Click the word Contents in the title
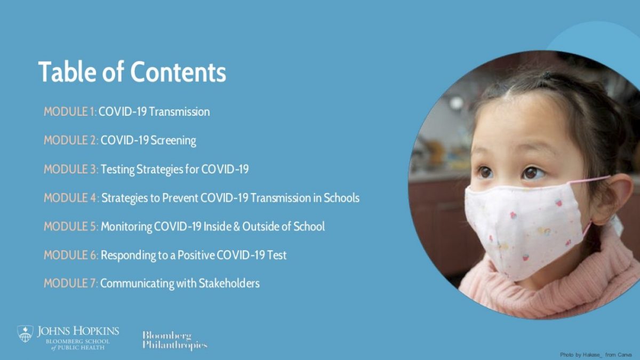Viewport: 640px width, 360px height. pos(178,71)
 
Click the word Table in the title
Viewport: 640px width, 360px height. pos(67,71)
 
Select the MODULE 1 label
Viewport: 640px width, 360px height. pos(70,111)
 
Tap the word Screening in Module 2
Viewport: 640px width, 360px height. pos(173,141)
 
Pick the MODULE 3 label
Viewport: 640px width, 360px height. pos(71,169)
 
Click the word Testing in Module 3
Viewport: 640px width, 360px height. pos(117,170)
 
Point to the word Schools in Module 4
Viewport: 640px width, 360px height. pos(341,198)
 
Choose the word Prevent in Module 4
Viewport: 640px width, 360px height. pos(180,198)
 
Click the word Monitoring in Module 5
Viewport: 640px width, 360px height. pos(126,227)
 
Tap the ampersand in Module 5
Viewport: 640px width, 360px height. pos(237,227)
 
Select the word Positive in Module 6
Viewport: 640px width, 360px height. pos(196,255)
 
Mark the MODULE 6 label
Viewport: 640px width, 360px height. pos(71,255)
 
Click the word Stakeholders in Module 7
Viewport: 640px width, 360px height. pos(229,283)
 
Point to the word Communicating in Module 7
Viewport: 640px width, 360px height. pos(137,284)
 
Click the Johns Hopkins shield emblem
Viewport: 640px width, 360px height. pos(25,333)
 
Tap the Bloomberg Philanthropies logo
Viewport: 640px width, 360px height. pos(175,340)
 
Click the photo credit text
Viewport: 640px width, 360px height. pos(595,355)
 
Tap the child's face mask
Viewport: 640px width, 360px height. pos(524,229)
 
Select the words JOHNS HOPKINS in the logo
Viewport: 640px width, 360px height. pos(78,331)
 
